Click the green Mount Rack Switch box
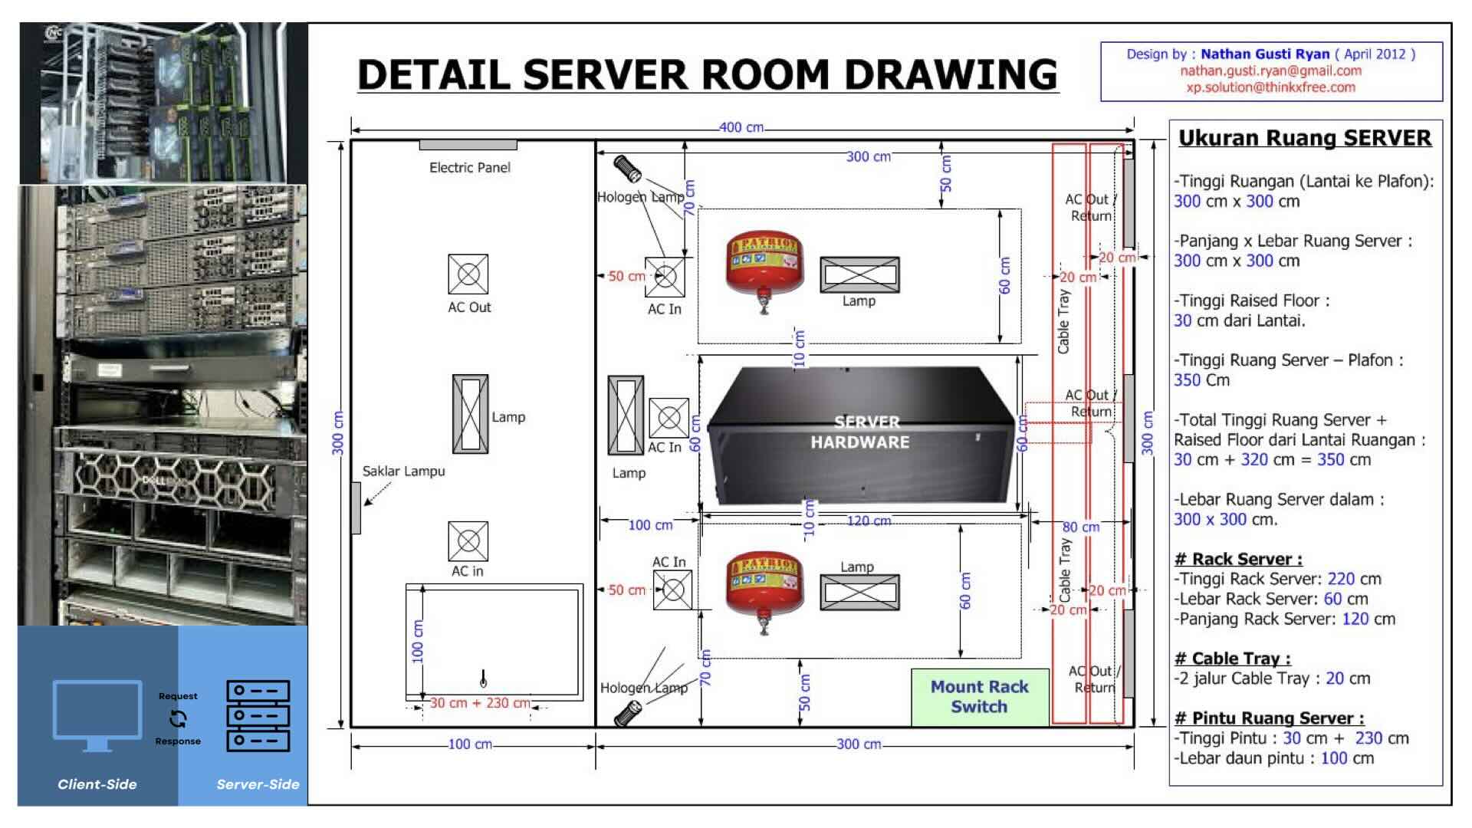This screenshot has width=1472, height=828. click(x=979, y=697)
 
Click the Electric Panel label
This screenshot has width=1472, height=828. click(x=469, y=167)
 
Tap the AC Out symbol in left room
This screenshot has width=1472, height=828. click(x=468, y=274)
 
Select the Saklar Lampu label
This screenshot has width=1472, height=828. click(x=403, y=471)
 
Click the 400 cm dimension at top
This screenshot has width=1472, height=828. click(x=741, y=127)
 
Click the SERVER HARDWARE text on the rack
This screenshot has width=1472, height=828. click(x=859, y=432)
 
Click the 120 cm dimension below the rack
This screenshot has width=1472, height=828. click(x=869, y=521)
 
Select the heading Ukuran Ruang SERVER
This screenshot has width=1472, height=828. click(x=1304, y=138)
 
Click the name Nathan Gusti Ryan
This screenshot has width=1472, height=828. click(x=1264, y=54)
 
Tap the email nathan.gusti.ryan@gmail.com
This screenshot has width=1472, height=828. click(x=1270, y=71)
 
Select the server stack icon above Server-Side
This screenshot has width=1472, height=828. click(x=258, y=715)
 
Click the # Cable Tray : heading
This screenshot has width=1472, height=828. click(x=1232, y=659)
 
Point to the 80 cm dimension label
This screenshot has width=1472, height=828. click(x=1081, y=527)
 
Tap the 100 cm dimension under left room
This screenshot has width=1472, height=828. click(x=469, y=744)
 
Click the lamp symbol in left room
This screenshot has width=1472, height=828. click(x=470, y=414)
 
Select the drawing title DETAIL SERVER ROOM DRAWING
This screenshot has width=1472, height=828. click(x=707, y=74)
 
